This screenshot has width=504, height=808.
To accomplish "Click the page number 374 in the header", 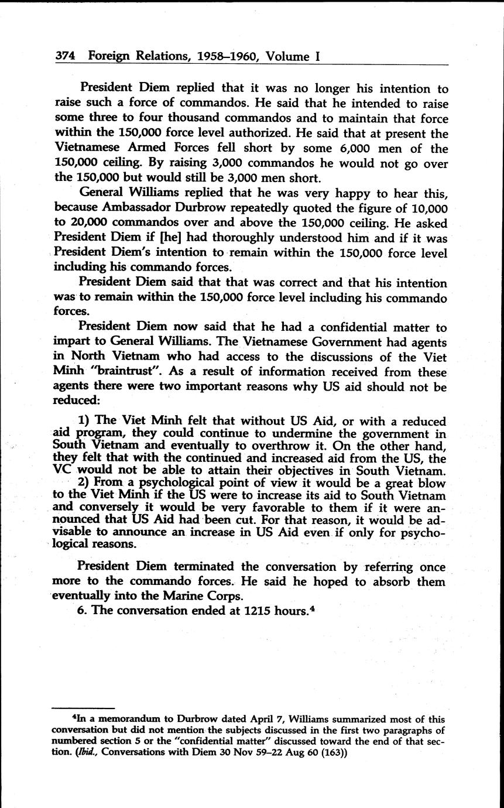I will point(67,56).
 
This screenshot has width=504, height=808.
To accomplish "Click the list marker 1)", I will point(84,421).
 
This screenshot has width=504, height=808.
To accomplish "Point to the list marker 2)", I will point(84,484).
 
